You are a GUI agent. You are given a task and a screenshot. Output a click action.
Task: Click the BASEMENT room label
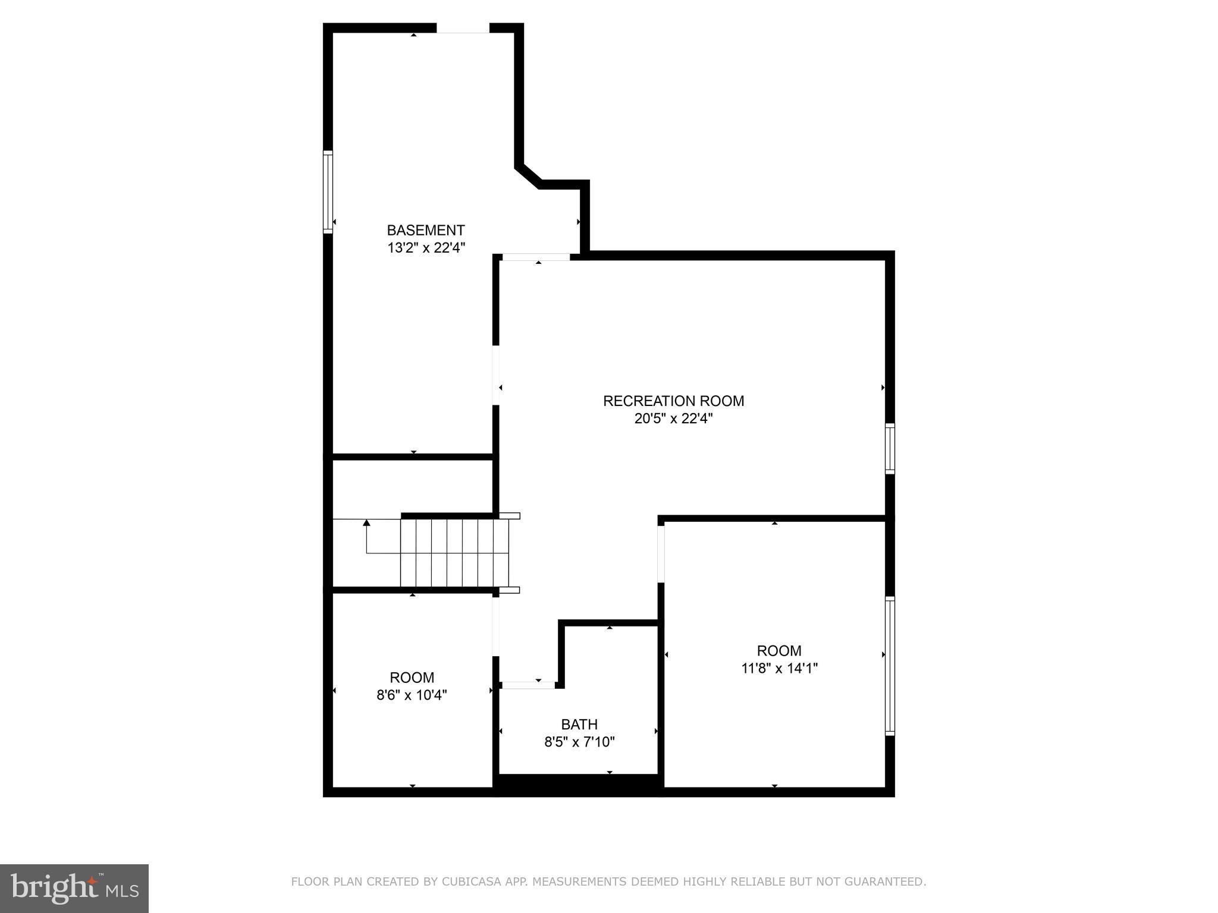[426, 230]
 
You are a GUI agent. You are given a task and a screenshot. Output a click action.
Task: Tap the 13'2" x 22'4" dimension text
[426, 248]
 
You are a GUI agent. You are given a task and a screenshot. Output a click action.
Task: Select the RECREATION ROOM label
[673, 401]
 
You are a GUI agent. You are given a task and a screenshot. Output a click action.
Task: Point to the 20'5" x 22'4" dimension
[673, 418]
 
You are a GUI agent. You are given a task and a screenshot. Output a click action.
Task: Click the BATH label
[579, 725]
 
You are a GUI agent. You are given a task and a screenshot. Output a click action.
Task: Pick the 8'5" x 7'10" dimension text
[579, 742]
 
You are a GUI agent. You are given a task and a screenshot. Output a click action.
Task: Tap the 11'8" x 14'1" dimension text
[779, 668]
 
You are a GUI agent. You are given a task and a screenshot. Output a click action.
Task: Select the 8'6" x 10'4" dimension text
[412, 695]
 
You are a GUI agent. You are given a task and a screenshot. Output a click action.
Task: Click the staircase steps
[455, 552]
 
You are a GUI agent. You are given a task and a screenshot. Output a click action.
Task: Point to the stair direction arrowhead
[366, 522]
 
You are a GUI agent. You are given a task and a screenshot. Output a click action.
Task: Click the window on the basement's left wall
[328, 191]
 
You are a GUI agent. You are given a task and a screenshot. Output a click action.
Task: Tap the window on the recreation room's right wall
[890, 448]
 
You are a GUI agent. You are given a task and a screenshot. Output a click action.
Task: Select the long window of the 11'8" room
[890, 666]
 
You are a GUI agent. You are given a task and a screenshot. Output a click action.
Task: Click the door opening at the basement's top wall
[463, 29]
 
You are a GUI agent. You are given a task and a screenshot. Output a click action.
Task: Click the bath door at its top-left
[528, 685]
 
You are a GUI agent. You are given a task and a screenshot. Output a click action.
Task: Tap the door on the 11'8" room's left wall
[661, 554]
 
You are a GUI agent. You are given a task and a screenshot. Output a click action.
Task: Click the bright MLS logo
[74, 888]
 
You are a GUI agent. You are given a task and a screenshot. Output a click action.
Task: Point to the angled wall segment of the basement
[528, 177]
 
